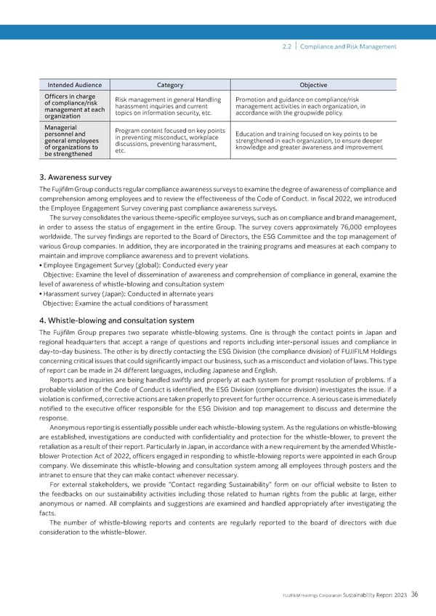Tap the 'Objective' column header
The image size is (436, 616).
pos(313,85)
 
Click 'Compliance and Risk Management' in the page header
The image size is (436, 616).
pos(349,46)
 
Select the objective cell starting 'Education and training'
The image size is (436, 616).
pos(312,140)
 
